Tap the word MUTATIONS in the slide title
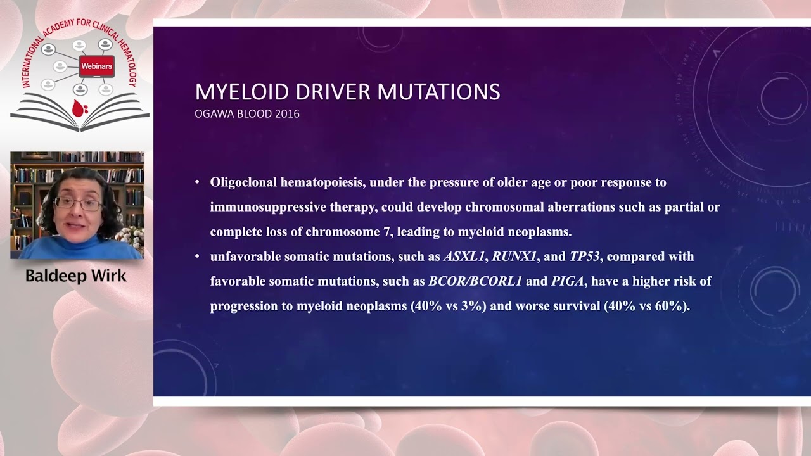pyautogui.click(x=438, y=92)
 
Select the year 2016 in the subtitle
pyautogui.click(x=286, y=114)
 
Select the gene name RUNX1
pyautogui.click(x=514, y=256)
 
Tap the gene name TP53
pyautogui.click(x=584, y=256)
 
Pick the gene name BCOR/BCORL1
pyautogui.click(x=475, y=281)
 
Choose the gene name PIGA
pyautogui.click(x=567, y=281)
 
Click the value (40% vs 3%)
pyautogui.click(x=449, y=306)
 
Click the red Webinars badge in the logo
pyautogui.click(x=96, y=66)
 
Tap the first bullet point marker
pyautogui.click(x=198, y=182)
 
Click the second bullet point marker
pyautogui.click(x=198, y=256)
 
